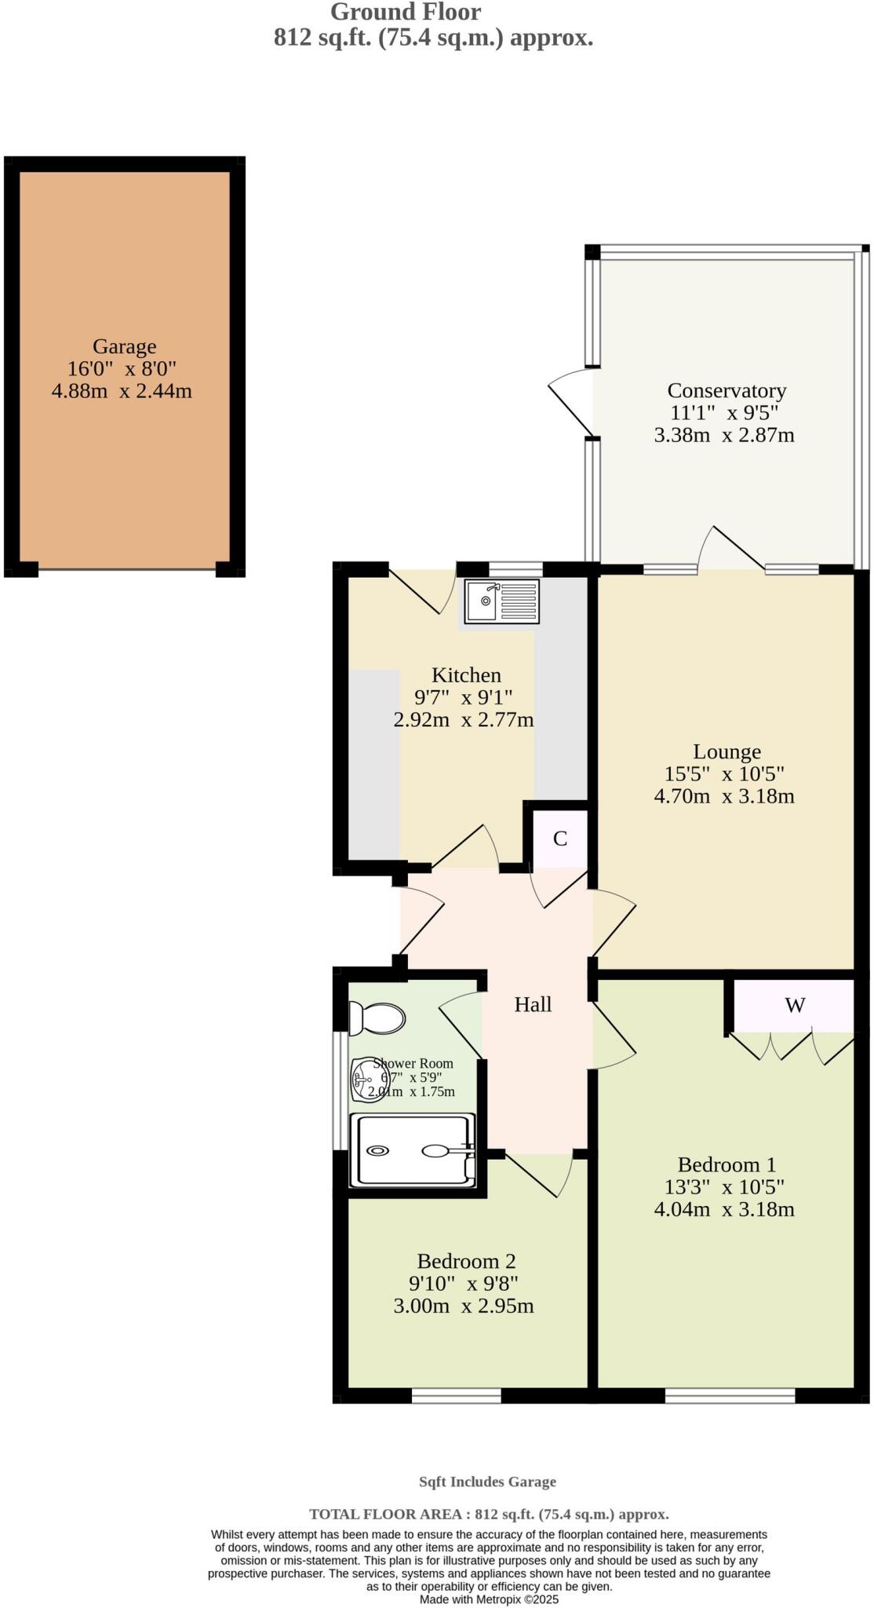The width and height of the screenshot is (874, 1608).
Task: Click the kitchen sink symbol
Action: click(x=501, y=601)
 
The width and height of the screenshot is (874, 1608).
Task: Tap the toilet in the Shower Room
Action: click(x=377, y=1018)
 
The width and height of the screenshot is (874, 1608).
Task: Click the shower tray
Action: click(x=413, y=1150)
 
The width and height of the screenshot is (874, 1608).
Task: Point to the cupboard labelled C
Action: click(x=560, y=839)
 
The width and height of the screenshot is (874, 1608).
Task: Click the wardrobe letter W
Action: click(x=795, y=1005)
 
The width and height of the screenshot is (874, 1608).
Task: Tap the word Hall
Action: click(x=533, y=1004)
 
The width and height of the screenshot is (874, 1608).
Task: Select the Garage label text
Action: click(x=124, y=346)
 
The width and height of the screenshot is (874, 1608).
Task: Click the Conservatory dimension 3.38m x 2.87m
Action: click(x=723, y=435)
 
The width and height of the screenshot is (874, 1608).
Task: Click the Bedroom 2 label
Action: click(x=466, y=1261)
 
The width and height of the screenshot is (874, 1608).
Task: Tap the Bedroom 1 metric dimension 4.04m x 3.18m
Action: click(x=723, y=1209)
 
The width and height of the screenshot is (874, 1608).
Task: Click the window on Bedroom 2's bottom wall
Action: click(x=457, y=1395)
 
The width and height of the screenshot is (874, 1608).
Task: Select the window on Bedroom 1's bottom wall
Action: click(x=730, y=1395)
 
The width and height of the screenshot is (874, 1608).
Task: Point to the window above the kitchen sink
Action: click(x=515, y=569)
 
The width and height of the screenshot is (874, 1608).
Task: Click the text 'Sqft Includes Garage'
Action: click(x=487, y=1482)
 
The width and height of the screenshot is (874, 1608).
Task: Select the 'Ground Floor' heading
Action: click(x=406, y=12)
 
